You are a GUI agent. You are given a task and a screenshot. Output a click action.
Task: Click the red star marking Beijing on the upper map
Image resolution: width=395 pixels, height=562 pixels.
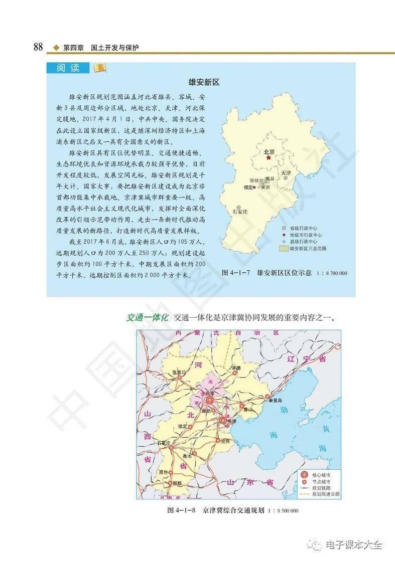tap(269, 158)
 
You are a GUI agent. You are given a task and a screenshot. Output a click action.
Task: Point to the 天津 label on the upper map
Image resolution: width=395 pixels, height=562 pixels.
tap(286, 172)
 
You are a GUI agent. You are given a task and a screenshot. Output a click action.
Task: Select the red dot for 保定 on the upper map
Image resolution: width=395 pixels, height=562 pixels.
tap(255, 187)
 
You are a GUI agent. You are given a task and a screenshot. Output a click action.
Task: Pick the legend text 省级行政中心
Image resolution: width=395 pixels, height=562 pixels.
tap(306, 227)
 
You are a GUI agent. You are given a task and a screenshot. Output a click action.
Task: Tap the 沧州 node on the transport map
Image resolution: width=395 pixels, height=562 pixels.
tap(218, 441)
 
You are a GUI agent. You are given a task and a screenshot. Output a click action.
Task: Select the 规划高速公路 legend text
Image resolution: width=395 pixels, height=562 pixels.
tap(326, 494)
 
